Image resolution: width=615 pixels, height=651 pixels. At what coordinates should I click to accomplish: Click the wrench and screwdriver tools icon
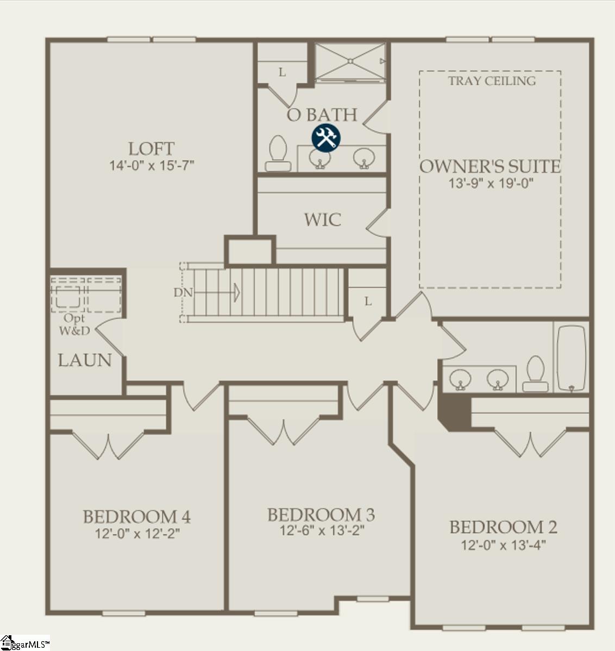pyautogui.click(x=325, y=138)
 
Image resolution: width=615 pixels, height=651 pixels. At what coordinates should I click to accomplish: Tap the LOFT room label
pyautogui.click(x=151, y=148)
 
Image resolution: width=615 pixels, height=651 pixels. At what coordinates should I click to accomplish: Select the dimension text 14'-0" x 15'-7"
pyautogui.click(x=152, y=165)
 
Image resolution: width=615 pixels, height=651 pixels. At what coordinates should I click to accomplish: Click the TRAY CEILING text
pyautogui.click(x=492, y=81)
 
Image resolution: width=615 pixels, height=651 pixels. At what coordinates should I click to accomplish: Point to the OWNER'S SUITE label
pyautogui.click(x=490, y=166)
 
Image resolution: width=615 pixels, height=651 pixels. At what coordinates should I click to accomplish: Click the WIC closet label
pyautogui.click(x=323, y=220)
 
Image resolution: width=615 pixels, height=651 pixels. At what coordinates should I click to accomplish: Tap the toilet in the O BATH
pyautogui.click(x=278, y=152)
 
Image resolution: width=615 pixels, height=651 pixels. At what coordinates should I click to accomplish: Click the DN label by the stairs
pyautogui.click(x=183, y=292)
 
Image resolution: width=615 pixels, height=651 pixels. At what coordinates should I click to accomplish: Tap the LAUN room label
pyautogui.click(x=85, y=360)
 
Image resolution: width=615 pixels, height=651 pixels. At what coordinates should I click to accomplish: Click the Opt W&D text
pyautogui.click(x=74, y=324)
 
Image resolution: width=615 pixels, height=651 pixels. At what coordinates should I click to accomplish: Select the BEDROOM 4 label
pyautogui.click(x=136, y=516)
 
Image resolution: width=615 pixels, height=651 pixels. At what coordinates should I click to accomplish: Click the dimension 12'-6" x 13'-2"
pyautogui.click(x=322, y=530)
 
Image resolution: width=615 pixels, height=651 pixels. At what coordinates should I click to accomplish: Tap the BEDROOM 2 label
pyautogui.click(x=503, y=527)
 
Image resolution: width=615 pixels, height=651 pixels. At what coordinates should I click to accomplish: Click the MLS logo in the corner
pyautogui.click(x=25, y=643)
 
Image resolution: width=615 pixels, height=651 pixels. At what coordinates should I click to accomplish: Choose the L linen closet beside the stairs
pyautogui.click(x=368, y=301)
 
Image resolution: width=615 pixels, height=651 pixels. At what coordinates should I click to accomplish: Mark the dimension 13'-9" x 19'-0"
pyautogui.click(x=491, y=183)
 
